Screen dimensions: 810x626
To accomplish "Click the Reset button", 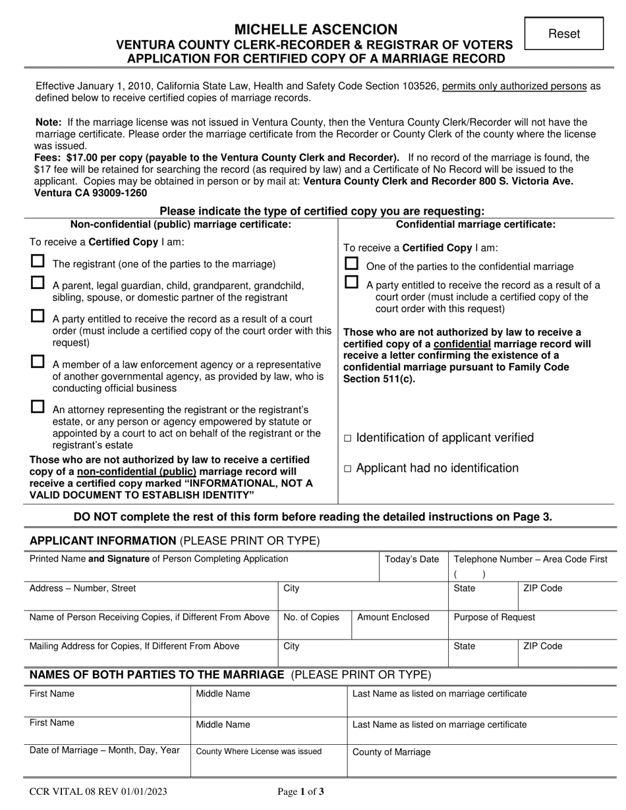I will coord(563,34).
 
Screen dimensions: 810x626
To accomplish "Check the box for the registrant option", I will coord(38,261).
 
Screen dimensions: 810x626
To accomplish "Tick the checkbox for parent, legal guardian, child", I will coord(38,283).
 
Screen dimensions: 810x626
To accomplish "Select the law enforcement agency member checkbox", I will coord(38,362).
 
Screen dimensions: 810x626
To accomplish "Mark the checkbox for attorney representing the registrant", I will coord(38,407).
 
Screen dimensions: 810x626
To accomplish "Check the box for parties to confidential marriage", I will coord(352,264).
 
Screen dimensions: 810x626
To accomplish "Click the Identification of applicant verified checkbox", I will coord(349,439).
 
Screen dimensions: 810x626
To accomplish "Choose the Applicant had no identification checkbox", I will coord(349,469).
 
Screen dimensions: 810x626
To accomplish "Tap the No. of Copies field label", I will coord(311,618).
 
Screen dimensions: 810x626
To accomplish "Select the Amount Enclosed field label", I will coord(393,618).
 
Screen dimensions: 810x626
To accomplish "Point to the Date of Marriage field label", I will coord(104,750).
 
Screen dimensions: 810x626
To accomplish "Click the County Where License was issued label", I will coord(259,751).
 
